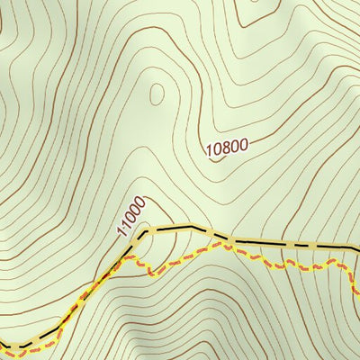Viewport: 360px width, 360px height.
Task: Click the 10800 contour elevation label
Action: tap(225, 148)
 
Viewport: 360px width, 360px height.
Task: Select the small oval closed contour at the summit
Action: tap(158, 93)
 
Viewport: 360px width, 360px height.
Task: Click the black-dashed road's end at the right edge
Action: tap(358, 249)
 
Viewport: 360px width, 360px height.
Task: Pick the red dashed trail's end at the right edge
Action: tap(358, 290)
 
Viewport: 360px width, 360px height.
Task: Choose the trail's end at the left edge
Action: tap(2, 343)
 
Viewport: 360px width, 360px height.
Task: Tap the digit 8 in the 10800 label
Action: tap(225, 148)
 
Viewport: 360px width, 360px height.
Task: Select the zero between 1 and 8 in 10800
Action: tap(217, 151)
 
